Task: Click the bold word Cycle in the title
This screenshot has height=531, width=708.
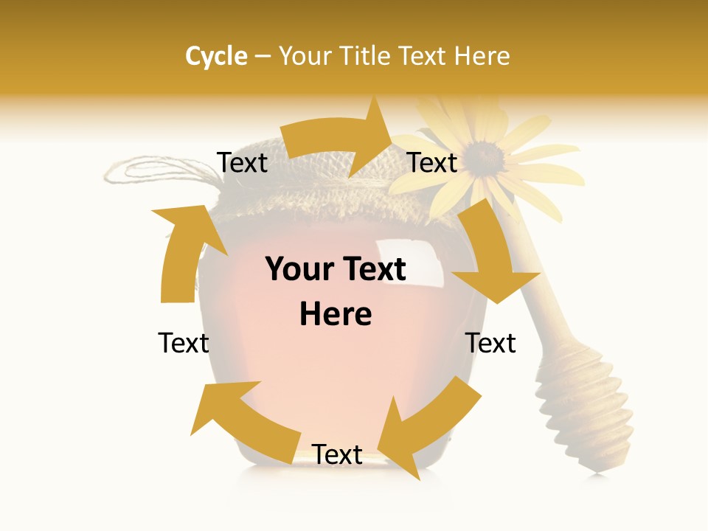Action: pos(215,56)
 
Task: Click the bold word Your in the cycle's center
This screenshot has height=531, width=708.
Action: pos(299,269)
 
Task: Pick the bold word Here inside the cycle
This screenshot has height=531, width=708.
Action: pos(336,314)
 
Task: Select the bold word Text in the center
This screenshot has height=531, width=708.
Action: pos(372,269)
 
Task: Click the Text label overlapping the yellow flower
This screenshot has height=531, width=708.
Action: pos(432,162)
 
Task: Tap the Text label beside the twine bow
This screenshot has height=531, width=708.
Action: pos(242,162)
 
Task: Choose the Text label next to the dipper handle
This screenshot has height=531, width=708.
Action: pos(490,343)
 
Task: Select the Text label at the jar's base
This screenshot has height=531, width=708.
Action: pos(337,455)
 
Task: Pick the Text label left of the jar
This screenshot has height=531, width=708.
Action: pos(184,343)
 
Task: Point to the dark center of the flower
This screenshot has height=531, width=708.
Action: pos(483,155)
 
